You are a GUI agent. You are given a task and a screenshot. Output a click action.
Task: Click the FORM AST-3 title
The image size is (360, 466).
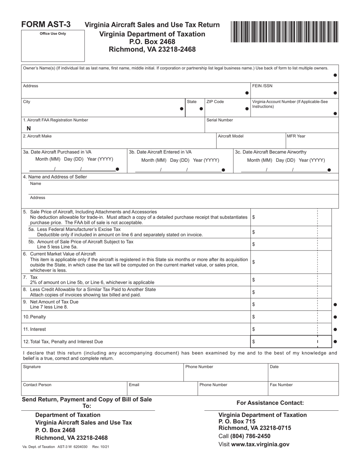(46, 25)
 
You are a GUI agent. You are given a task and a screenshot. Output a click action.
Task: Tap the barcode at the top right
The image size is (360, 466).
(284, 31)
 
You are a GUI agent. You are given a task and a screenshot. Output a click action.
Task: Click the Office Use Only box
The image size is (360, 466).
(53, 46)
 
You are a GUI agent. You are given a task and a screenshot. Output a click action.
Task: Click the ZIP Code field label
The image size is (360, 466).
(215, 102)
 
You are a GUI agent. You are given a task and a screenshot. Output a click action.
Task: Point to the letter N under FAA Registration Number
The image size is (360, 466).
(29, 128)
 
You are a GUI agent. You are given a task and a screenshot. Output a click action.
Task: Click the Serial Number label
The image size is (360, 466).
(220, 120)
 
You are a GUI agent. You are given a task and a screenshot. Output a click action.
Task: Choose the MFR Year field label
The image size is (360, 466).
(296, 136)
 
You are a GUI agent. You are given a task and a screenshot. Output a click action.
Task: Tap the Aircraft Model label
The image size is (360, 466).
(231, 136)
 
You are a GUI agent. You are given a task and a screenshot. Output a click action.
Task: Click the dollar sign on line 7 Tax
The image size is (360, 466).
(254, 280)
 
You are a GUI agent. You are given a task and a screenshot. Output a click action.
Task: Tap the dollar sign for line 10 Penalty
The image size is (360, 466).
(254, 317)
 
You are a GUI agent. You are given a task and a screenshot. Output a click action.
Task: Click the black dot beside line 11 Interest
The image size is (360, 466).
(335, 329)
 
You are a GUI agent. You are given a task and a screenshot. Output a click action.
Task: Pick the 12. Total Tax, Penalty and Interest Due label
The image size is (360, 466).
(63, 342)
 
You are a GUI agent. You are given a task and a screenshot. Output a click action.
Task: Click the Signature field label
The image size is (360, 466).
(32, 367)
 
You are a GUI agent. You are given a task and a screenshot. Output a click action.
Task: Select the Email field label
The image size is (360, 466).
(134, 385)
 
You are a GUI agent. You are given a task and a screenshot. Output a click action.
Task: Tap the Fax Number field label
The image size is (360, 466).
(281, 385)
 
